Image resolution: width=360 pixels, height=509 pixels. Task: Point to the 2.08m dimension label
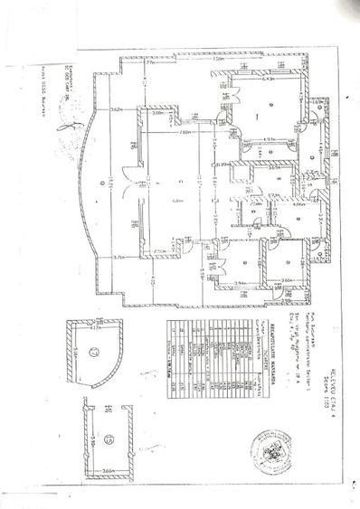(157, 114)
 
